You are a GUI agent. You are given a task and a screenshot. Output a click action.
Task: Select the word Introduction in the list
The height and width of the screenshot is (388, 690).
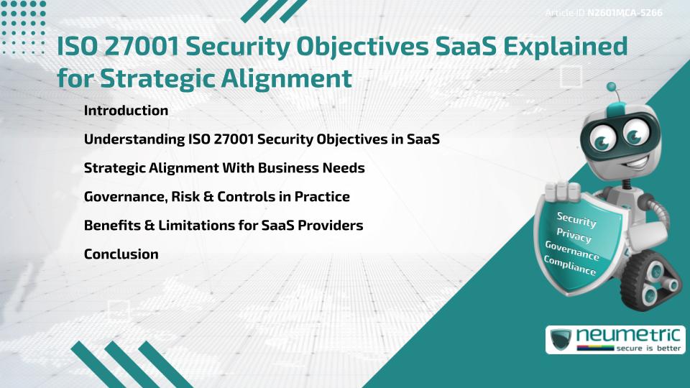tap(126, 111)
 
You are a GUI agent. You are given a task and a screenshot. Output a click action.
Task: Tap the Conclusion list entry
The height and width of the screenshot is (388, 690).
tap(121, 254)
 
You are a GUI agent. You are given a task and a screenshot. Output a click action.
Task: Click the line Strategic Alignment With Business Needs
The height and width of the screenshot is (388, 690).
tap(224, 168)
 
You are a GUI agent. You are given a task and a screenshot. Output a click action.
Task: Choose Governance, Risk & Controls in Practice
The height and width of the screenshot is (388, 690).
tap(216, 196)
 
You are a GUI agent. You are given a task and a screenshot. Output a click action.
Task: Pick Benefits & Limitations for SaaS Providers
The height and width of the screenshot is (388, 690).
tap(223, 225)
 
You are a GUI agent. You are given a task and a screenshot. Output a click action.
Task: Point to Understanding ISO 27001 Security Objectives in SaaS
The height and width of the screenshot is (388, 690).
tap(262, 139)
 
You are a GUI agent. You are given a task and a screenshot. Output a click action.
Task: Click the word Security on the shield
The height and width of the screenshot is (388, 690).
tap(576, 221)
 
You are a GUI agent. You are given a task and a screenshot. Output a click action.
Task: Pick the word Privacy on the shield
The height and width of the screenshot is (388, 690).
tap(574, 234)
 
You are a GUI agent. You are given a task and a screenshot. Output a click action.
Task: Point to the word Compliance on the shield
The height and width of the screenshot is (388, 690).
tap(569, 265)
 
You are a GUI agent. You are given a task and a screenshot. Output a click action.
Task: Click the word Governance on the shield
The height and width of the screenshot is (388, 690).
tap(571, 250)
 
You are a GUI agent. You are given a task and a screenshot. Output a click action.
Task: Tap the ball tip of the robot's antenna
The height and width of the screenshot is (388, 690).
tap(612, 87)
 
